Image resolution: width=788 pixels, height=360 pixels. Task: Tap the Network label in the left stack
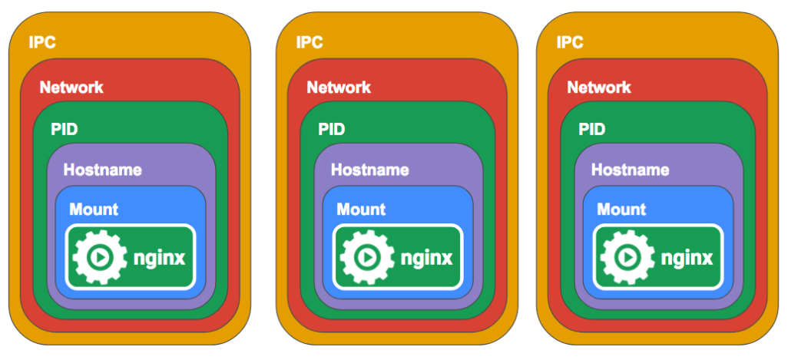pyautogui.click(x=71, y=87)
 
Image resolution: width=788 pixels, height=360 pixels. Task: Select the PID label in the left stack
pyautogui.click(x=65, y=128)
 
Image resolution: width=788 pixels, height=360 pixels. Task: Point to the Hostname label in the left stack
pyautogui.click(x=102, y=170)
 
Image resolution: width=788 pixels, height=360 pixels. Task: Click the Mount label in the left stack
pyautogui.click(x=94, y=209)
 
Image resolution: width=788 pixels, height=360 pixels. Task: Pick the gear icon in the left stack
pyautogui.click(x=98, y=256)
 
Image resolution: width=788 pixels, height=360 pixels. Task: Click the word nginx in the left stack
pyautogui.click(x=159, y=258)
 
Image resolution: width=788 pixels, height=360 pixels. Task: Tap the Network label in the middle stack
pyautogui.click(x=339, y=87)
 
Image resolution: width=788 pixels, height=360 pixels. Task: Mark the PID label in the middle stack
pyautogui.click(x=332, y=128)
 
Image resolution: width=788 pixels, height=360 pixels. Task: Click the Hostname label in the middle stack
pyautogui.click(x=369, y=170)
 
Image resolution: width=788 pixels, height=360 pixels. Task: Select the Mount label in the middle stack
pyautogui.click(x=361, y=209)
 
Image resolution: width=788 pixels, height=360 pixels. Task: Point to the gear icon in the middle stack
pyautogui.click(x=366, y=256)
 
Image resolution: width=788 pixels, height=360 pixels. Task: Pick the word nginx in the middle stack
pyautogui.click(x=426, y=258)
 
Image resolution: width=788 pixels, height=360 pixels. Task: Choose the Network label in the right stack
pyautogui.click(x=599, y=87)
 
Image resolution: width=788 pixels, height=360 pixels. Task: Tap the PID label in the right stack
pyautogui.click(x=592, y=128)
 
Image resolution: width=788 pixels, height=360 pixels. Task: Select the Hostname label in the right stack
pyautogui.click(x=630, y=170)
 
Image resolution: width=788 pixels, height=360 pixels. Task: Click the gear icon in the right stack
pyautogui.click(x=626, y=256)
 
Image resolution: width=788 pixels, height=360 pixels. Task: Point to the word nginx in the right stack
pyautogui.click(x=687, y=258)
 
